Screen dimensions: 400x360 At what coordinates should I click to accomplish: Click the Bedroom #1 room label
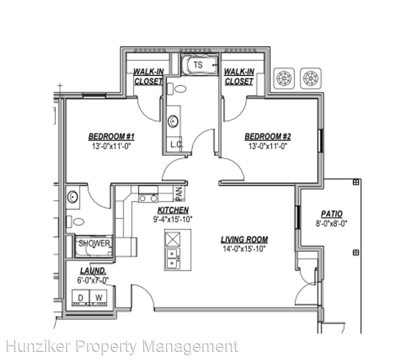click(111, 137)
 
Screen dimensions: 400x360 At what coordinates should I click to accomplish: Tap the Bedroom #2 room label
click(268, 137)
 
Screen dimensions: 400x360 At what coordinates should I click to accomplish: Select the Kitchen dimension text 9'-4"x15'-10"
click(173, 219)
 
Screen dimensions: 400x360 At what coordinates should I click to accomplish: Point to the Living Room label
click(245, 240)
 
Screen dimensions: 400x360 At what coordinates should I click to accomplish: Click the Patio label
click(332, 214)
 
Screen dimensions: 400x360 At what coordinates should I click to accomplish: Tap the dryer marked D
click(81, 298)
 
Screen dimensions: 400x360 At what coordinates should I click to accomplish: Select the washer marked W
click(98, 298)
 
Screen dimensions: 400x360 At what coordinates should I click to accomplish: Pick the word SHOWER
click(94, 243)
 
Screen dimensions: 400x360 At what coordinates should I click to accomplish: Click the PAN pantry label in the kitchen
click(179, 194)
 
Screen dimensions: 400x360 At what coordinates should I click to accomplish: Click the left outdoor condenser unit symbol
click(284, 78)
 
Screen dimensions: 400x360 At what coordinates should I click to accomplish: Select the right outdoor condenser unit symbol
click(311, 78)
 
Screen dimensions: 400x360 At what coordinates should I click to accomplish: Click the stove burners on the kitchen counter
click(148, 198)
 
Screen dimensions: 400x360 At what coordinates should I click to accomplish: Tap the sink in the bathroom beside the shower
click(73, 197)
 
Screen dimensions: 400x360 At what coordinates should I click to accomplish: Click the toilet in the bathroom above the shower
click(75, 222)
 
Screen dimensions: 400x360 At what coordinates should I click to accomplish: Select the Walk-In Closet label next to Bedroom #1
click(148, 76)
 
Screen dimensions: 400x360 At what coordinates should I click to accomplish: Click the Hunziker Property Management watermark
click(122, 346)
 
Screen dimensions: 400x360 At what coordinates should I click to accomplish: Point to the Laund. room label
click(93, 271)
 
